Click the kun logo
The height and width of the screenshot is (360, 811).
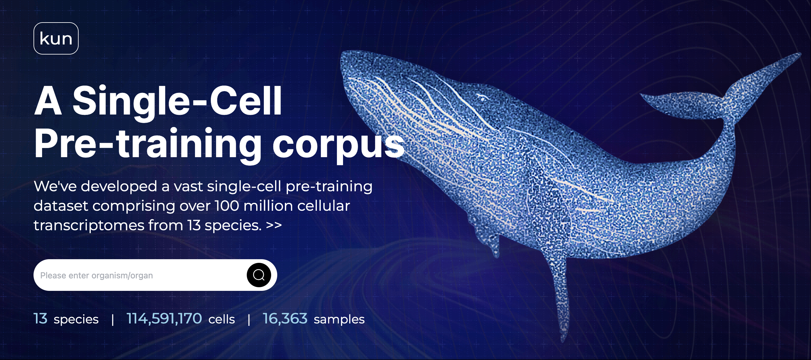[x=56, y=38]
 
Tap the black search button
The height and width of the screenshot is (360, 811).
[x=259, y=275]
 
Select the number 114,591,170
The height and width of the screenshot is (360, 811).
[x=164, y=319]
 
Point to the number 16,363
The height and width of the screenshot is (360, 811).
[x=285, y=319]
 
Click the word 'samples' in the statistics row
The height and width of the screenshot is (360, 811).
[x=339, y=319]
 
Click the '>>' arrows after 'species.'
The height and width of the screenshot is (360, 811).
[x=274, y=225]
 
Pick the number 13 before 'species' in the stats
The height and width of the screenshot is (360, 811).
[x=40, y=319]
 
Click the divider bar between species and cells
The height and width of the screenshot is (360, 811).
[x=112, y=320]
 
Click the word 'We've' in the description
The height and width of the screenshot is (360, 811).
[x=55, y=186]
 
